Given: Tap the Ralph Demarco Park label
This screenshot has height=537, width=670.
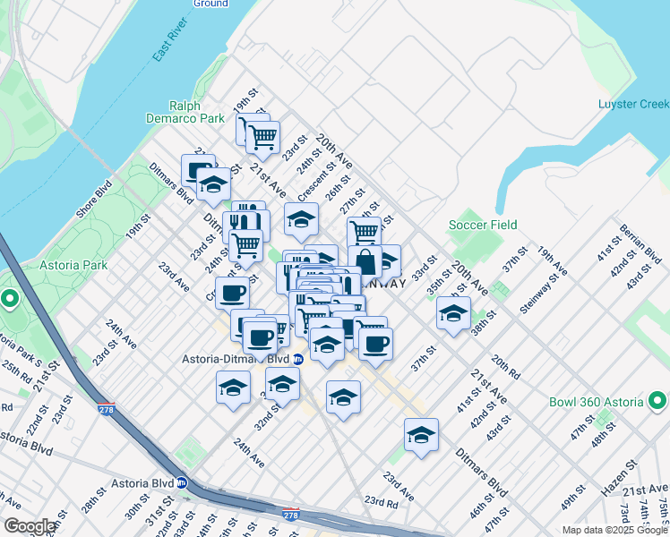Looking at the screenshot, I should [186, 111].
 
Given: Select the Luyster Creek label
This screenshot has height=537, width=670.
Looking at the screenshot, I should [633, 105].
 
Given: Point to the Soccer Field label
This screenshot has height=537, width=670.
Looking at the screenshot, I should [483, 225].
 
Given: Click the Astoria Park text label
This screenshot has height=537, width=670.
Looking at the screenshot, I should [73, 265].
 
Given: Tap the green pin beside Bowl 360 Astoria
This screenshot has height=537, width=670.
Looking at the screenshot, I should [658, 398].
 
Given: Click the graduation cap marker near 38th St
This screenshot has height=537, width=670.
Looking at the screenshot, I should [454, 313].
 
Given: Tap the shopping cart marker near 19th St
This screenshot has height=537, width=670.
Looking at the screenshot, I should [262, 137].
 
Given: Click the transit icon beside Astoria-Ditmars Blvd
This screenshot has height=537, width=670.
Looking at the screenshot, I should [298, 359].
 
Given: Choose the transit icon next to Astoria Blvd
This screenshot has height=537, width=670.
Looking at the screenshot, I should [182, 482].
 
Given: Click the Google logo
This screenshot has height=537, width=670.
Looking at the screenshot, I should [30, 526].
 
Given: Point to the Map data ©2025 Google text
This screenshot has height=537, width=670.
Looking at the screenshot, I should [614, 530].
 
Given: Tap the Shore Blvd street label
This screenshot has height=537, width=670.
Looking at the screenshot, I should [91, 191].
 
